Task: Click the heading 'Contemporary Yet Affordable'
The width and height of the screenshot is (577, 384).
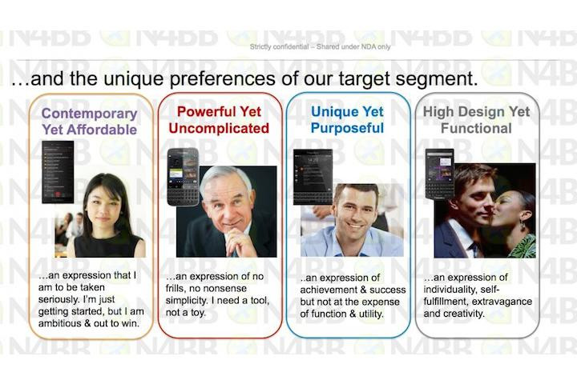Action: (90, 122)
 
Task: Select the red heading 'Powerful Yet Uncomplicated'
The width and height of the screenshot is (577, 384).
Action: (219, 120)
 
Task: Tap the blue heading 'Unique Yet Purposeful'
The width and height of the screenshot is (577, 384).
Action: (347, 120)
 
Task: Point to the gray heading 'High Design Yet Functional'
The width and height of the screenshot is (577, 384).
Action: (476, 120)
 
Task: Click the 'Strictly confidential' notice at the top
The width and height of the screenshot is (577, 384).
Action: (320, 46)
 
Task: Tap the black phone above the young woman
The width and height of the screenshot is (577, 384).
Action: (58, 172)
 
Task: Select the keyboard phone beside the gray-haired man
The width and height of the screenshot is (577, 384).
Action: (184, 177)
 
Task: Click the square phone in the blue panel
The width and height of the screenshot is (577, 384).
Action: (313, 177)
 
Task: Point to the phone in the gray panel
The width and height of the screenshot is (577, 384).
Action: (439, 174)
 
